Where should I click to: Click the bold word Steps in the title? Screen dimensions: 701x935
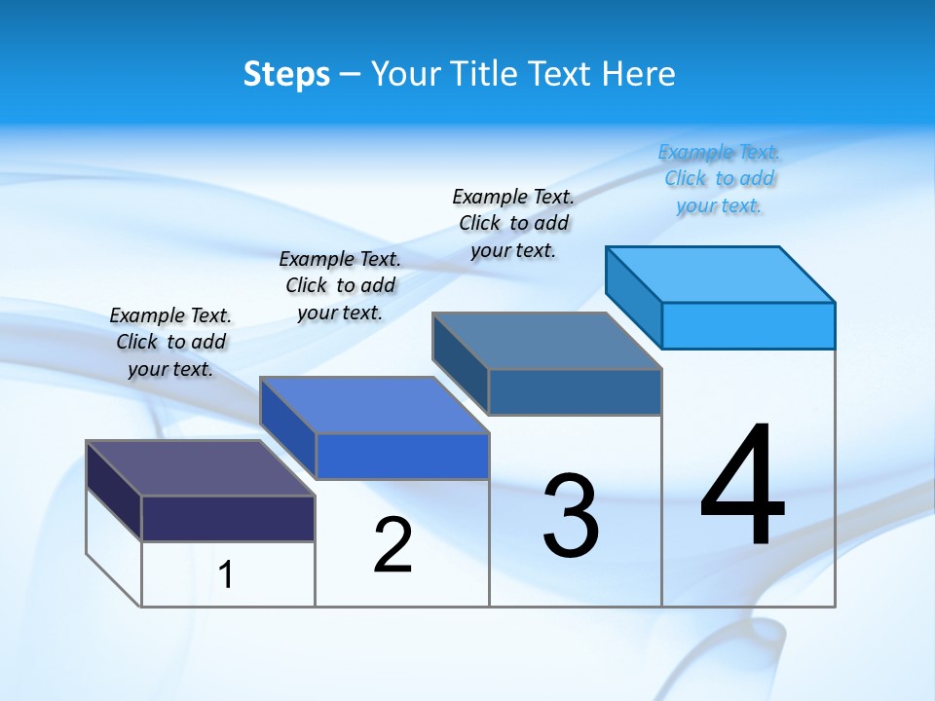[x=286, y=74]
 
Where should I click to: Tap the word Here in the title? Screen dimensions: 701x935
[x=639, y=74]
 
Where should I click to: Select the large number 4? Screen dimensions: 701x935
[x=742, y=487]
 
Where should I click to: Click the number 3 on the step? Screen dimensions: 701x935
[x=571, y=516]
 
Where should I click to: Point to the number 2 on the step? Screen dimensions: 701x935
[x=393, y=545]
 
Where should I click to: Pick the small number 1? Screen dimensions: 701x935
[x=225, y=574]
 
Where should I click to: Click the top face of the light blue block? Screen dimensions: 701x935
[x=721, y=274]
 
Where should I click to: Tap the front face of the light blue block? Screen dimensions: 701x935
[x=748, y=325]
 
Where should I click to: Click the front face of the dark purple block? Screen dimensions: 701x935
[x=228, y=518]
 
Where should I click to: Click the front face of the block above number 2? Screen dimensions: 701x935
[x=402, y=456]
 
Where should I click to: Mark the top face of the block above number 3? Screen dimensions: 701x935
[x=547, y=340]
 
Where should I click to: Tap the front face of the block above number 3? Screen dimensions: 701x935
[x=575, y=391]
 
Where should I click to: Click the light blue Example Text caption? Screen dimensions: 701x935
[x=719, y=179]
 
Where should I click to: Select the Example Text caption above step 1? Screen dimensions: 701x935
[x=170, y=342]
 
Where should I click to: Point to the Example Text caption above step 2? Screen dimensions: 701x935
[x=340, y=285]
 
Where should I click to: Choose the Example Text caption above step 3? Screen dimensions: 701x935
[x=513, y=223]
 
